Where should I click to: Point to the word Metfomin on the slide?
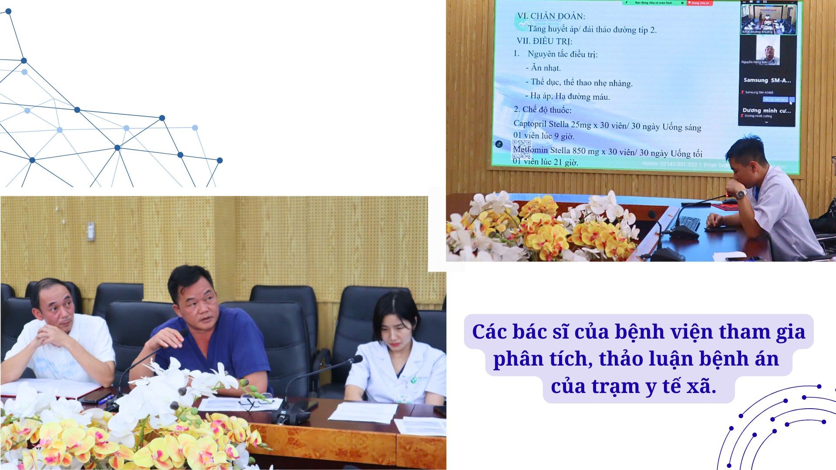[x=530, y=150]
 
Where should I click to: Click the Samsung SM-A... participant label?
[x=767, y=81]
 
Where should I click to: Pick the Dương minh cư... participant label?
[x=766, y=111]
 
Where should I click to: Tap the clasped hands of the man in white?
[x=51, y=334]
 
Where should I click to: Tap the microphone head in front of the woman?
[x=356, y=359]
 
